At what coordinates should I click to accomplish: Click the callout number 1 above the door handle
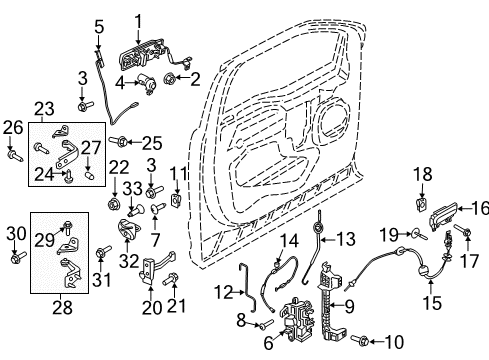(x=138, y=19)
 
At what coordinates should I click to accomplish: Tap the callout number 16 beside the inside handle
(x=480, y=209)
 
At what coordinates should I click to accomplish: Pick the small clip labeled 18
(x=419, y=207)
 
